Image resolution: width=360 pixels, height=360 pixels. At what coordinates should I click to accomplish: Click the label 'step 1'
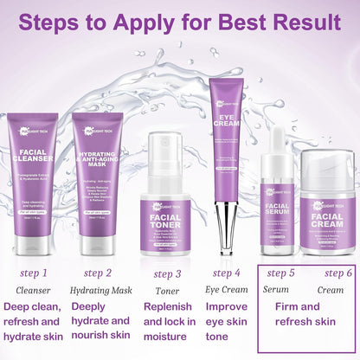point(34,273)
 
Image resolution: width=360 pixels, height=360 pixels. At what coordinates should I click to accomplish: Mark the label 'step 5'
point(280,273)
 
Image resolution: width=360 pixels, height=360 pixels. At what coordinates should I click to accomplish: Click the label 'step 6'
point(336,273)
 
